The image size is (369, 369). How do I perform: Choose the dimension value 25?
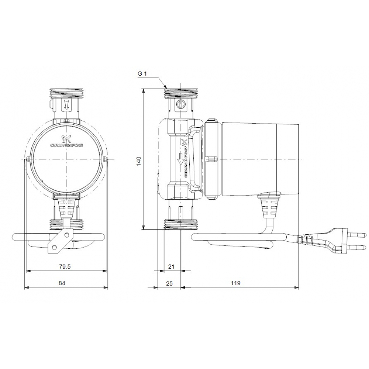pos(169,283)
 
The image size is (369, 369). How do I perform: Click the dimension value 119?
pos(235,283)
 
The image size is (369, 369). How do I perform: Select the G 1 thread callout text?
pos(142,73)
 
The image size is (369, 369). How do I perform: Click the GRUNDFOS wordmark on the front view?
pos(66,145)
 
